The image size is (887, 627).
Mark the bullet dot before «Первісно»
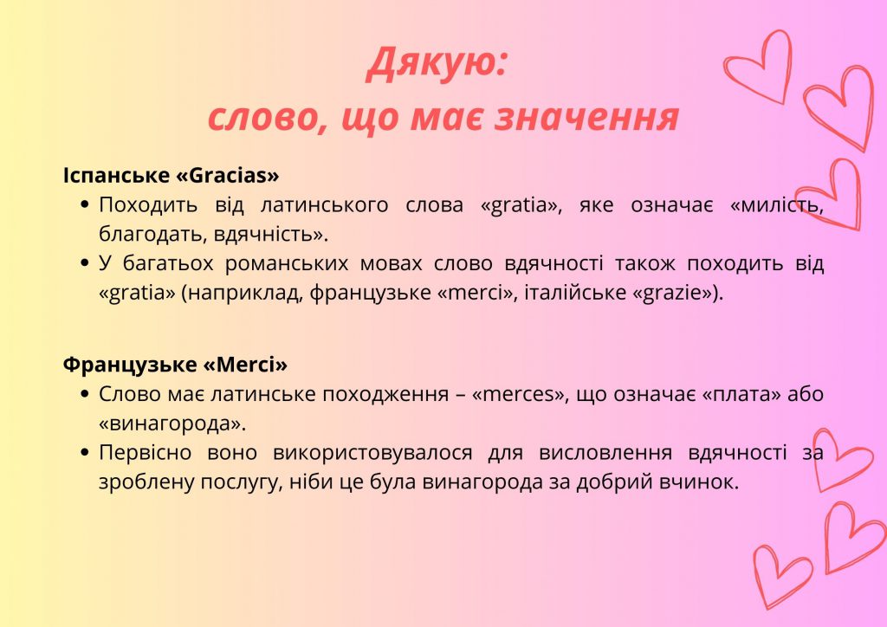click(x=85, y=452)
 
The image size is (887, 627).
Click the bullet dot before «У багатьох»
click(x=85, y=263)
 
